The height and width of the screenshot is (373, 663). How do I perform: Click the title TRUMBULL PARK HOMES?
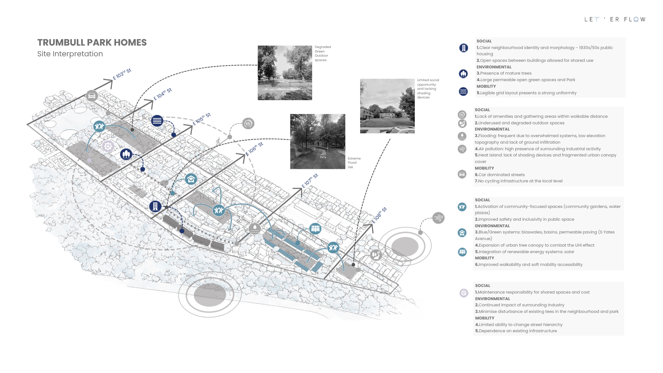tap(92, 42)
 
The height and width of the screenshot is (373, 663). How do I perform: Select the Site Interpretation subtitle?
tap(70, 54)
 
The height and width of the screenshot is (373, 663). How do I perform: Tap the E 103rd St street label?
tap(122, 74)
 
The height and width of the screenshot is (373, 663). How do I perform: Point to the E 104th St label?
tap(163, 94)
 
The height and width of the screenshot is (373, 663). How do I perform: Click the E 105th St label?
tap(202, 119)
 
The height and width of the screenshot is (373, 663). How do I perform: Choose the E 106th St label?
tap(254, 149)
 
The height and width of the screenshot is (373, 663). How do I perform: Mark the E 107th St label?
tap(310, 181)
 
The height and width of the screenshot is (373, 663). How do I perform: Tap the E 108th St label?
tap(379, 215)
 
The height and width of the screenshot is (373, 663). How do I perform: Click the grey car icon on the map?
tap(92, 96)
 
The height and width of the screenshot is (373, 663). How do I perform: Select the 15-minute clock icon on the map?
tap(248, 124)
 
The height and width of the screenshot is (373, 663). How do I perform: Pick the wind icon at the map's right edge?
tap(438, 218)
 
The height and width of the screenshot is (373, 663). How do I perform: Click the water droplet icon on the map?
tap(255, 228)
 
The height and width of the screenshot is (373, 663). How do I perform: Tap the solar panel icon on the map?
tap(315, 228)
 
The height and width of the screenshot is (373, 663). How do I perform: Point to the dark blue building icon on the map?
tap(155, 207)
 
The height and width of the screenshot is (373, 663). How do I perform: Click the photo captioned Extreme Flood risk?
tap(318, 142)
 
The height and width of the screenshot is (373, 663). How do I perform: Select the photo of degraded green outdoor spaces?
tap(285, 73)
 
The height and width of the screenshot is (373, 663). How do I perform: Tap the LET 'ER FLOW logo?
tap(615, 19)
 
